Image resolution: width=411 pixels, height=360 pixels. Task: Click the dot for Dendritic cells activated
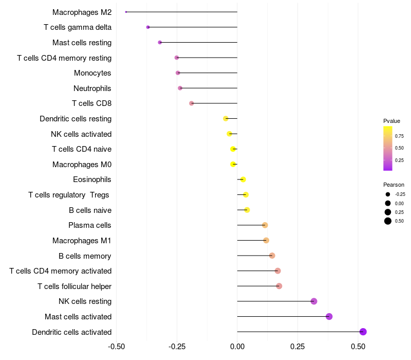click(363, 332)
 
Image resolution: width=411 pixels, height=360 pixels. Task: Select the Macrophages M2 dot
click(126, 12)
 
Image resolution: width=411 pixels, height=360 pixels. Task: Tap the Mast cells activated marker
click(329, 316)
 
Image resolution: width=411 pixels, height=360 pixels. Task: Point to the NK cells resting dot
click(314, 301)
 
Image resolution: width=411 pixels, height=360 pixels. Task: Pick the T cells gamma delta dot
click(148, 27)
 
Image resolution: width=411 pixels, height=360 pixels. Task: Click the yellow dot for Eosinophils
click(243, 179)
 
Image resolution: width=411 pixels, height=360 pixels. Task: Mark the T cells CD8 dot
click(192, 103)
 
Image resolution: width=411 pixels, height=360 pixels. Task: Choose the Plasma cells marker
click(265, 225)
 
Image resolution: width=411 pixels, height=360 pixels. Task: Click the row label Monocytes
click(92, 73)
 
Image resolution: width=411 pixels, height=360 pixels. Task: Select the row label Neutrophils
click(92, 88)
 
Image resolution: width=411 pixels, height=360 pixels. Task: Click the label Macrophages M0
click(82, 165)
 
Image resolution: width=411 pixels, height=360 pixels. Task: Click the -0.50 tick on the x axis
click(117, 348)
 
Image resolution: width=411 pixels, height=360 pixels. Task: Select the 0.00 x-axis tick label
click(237, 348)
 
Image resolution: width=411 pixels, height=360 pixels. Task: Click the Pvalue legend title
click(391, 121)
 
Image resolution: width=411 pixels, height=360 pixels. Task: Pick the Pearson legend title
click(394, 185)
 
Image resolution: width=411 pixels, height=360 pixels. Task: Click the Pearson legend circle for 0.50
click(388, 221)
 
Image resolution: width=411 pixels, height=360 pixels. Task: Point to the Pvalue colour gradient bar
click(388, 148)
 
